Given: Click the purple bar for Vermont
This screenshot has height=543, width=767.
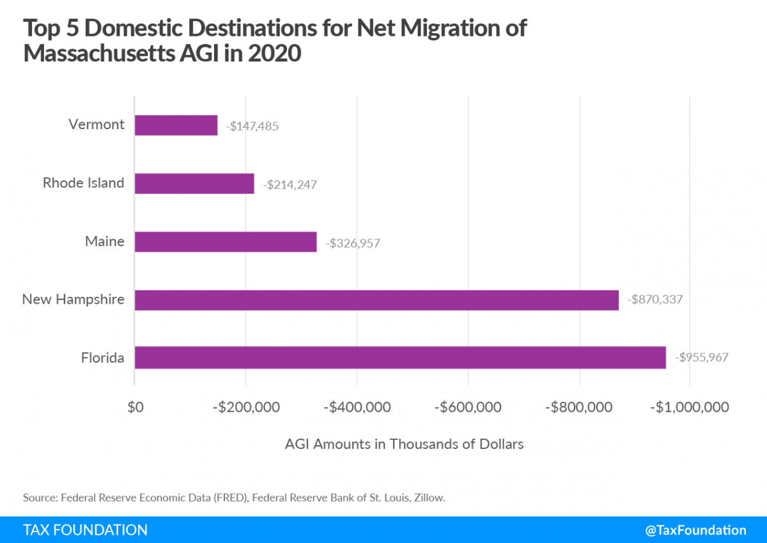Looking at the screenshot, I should click(176, 125).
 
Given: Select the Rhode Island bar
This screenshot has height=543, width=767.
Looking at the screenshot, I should click(194, 184).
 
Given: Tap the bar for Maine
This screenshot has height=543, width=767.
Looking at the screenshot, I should click(226, 242).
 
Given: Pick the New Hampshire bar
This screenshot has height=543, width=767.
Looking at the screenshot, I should click(376, 300).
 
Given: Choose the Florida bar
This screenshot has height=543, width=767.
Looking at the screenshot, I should click(400, 358).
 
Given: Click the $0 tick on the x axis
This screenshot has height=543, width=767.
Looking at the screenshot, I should click(135, 407).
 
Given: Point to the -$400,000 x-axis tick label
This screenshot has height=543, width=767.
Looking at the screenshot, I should click(357, 407).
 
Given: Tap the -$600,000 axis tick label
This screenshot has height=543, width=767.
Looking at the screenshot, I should click(468, 407).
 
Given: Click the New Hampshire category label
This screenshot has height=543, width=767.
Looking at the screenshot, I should click(73, 299).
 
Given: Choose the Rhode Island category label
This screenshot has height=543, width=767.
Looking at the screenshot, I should click(83, 183).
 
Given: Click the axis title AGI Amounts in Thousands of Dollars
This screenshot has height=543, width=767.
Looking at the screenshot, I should click(404, 444).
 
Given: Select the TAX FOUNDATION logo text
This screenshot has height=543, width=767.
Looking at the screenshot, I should click(85, 530).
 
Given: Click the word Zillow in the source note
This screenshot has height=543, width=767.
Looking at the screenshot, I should click(429, 497).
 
